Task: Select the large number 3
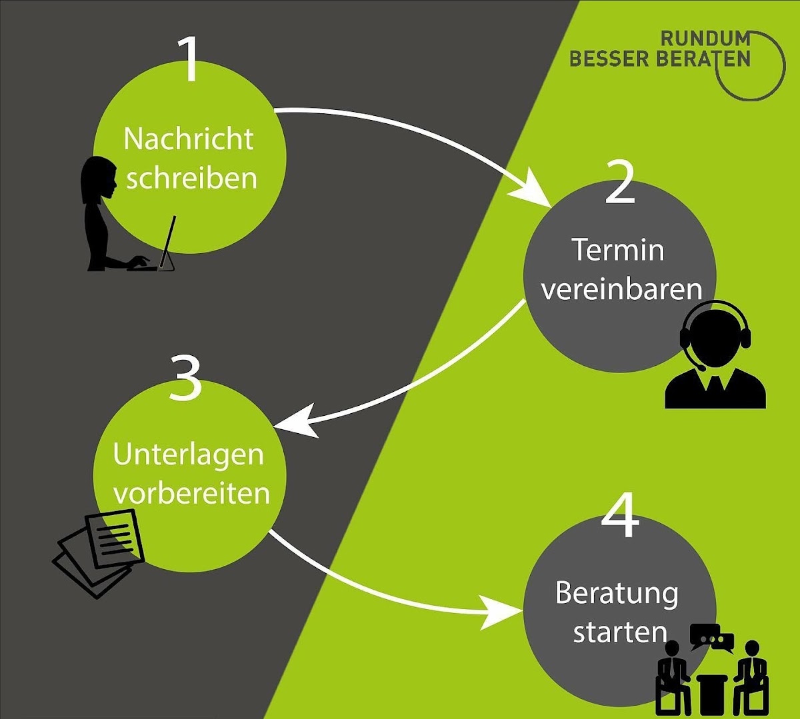[x=185, y=377]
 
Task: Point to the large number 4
[x=621, y=517]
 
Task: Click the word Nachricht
[x=189, y=139]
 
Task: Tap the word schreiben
[x=191, y=179]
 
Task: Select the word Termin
[x=619, y=251]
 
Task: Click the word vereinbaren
[x=621, y=290]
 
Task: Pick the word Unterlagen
[x=189, y=455]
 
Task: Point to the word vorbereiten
[x=191, y=494]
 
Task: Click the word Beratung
[x=617, y=593]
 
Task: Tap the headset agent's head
[x=715, y=333]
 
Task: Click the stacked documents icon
[x=100, y=550]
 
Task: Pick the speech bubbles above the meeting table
[x=711, y=638]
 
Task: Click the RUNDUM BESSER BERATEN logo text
[x=660, y=49]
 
